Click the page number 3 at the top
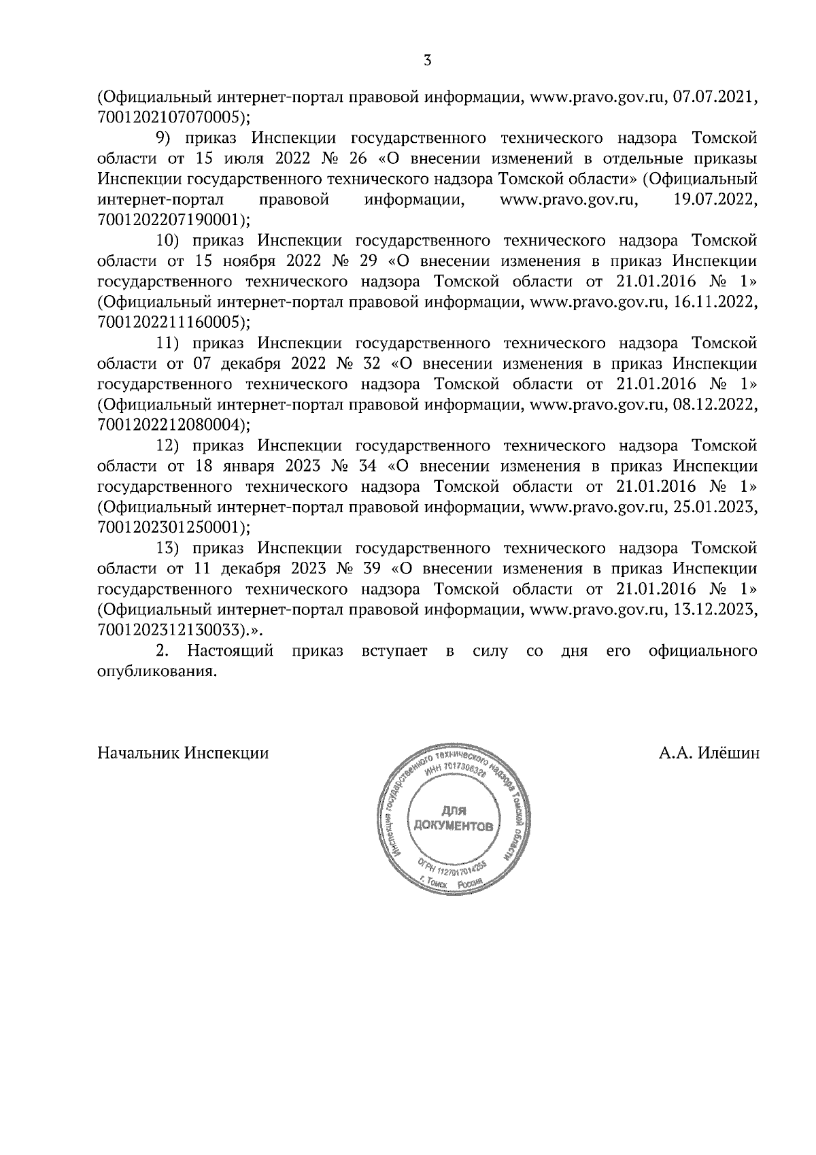[426, 61]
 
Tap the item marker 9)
[167, 138]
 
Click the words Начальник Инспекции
[183, 754]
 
